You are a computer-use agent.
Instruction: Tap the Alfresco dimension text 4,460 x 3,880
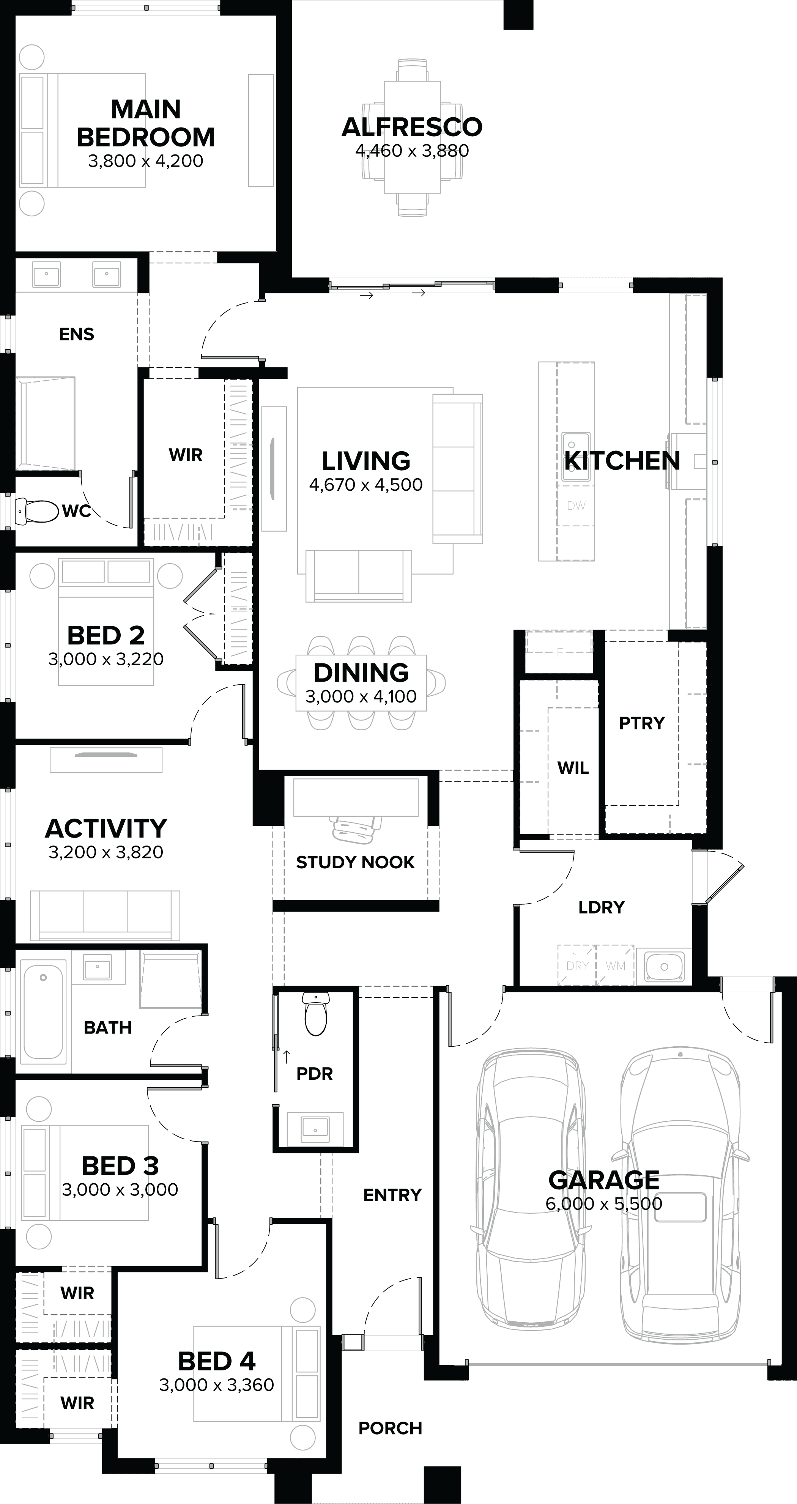coord(412,151)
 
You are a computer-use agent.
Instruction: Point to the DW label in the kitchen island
coord(576,506)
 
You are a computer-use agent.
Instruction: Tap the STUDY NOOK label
coord(355,862)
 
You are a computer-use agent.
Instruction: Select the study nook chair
coord(356,827)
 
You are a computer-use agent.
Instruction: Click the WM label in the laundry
coord(616,966)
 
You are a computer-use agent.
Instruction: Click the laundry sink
coord(664,966)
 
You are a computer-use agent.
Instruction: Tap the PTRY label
coord(642,723)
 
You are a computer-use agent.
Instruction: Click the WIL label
coord(573,768)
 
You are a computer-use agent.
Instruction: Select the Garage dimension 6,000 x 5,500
coord(604,1203)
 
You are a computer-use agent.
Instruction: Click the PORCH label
coord(390,1428)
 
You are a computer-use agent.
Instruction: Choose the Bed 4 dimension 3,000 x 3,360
coord(217,1385)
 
